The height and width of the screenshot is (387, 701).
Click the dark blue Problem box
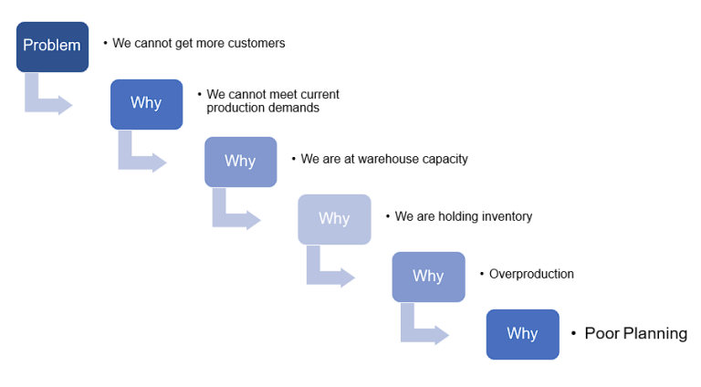[x=52, y=47]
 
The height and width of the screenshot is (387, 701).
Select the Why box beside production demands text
[x=146, y=103]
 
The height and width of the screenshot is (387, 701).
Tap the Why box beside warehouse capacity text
[x=240, y=161]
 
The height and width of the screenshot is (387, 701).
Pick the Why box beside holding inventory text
[x=334, y=218]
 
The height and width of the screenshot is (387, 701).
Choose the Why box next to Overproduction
[x=428, y=276]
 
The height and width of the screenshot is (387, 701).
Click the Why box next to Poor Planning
[x=522, y=333]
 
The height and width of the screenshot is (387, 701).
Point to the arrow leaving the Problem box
[x=46, y=98]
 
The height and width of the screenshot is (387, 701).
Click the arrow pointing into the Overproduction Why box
[x=328, y=270]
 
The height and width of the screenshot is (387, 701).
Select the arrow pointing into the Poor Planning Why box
[x=422, y=328]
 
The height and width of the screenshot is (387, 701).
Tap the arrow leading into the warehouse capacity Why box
[x=140, y=155]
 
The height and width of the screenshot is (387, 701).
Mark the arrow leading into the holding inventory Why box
[x=234, y=213]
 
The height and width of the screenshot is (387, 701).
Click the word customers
[x=255, y=43]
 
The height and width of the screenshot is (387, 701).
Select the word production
[x=235, y=108]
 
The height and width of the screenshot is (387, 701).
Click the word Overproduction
[x=531, y=274]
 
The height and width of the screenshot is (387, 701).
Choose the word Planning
[x=655, y=334]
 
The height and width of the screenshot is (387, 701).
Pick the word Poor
[x=602, y=334]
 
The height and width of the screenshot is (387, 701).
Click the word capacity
[x=441, y=159]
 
